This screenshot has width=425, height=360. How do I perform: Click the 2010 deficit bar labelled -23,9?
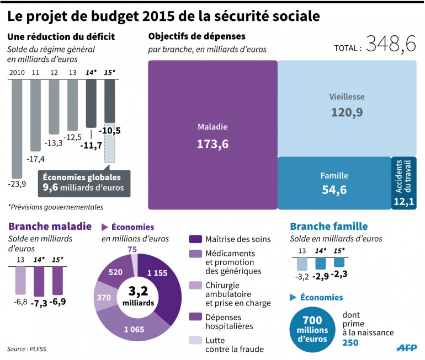[17, 127]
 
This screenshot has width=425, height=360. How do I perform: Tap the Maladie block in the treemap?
[212, 135]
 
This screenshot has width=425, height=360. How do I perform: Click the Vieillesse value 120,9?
[347, 112]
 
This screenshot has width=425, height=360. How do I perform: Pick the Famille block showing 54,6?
[334, 183]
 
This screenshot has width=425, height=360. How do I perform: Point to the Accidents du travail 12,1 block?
[404, 183]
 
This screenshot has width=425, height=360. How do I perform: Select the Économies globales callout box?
[83, 183]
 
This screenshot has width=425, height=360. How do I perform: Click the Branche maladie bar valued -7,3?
[39, 281]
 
